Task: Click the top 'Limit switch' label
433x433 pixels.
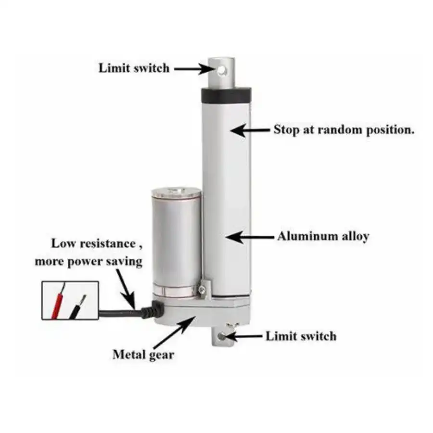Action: pos(134,68)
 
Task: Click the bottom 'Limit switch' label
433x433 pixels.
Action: pos(301,336)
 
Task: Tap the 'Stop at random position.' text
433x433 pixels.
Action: pos(344,129)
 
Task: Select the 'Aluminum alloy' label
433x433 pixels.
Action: pos(323,236)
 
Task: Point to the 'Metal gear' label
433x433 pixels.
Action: pos(143,355)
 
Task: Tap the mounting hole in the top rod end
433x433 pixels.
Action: pos(221,71)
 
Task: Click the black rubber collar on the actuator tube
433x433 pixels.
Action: pos(227,95)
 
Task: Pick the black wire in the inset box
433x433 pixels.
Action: pos(77,307)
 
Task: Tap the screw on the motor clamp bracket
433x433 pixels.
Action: pos(203,289)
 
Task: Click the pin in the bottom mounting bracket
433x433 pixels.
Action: pos(222,336)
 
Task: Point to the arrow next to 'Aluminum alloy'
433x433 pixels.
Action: pos(249,237)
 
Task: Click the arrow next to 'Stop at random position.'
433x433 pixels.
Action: pos(250,130)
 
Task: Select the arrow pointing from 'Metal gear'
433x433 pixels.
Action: pos(175,332)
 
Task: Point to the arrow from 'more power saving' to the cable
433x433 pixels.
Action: pos(126,289)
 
